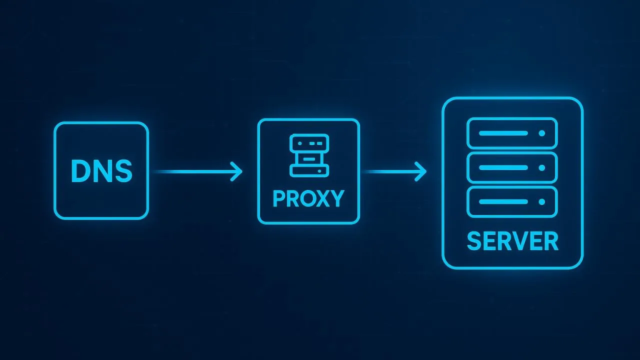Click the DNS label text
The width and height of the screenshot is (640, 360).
[101, 171]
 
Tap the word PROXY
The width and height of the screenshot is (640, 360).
[308, 198]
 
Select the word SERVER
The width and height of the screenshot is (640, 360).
[512, 241]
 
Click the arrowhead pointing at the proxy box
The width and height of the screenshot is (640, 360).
[236, 171]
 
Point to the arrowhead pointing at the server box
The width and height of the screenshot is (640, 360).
[421, 171]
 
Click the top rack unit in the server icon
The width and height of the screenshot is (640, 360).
[512, 133]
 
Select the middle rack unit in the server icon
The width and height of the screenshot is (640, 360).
[512, 167]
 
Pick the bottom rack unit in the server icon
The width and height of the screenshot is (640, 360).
[512, 201]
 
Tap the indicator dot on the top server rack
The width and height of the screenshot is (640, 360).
[541, 133]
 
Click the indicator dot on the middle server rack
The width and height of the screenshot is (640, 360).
[541, 167]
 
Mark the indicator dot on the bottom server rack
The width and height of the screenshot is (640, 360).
[541, 201]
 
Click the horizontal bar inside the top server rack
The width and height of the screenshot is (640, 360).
[503, 133]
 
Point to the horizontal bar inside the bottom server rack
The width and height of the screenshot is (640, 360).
[503, 201]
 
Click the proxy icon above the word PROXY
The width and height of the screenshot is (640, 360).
[309, 155]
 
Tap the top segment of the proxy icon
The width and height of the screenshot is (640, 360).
[309, 143]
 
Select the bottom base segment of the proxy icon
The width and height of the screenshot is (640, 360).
[309, 171]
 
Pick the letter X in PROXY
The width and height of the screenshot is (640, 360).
[322, 198]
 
